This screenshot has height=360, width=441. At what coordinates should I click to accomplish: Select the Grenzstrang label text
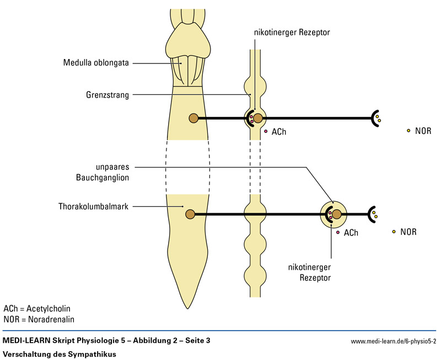click(108, 95)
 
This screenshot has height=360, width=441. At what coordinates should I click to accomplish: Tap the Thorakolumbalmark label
click(94, 207)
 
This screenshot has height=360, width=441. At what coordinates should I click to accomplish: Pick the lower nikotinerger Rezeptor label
click(309, 273)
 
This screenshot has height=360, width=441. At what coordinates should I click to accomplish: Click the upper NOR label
click(423, 131)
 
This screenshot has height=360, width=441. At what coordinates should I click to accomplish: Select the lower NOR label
click(408, 232)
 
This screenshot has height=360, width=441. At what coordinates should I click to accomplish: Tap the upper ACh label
click(279, 132)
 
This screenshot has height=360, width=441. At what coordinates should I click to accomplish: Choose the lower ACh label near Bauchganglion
click(351, 233)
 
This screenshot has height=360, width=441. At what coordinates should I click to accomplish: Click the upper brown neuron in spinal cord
click(193, 117)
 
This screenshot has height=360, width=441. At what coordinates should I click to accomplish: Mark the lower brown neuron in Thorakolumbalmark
click(190, 214)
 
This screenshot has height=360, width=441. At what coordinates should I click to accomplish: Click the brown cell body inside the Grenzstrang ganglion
click(258, 117)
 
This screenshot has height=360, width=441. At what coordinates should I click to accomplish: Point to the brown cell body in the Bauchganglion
click(336, 214)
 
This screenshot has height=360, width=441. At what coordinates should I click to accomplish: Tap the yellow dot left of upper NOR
click(408, 131)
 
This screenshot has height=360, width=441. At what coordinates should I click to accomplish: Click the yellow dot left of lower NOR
click(394, 232)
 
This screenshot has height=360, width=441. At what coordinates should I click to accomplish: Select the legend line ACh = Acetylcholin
click(37, 309)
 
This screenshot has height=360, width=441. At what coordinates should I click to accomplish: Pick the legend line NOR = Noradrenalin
click(39, 319)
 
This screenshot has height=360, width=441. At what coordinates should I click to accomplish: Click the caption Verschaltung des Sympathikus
click(60, 354)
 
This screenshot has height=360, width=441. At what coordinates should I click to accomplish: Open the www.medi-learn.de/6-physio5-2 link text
click(394, 342)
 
